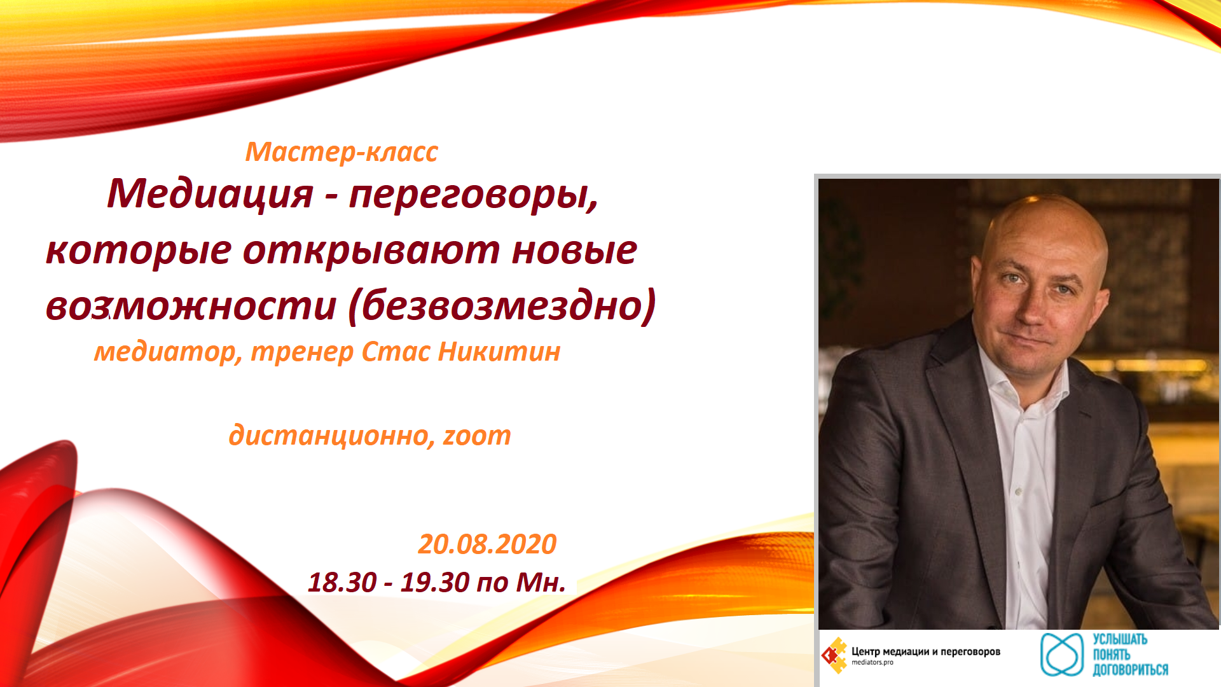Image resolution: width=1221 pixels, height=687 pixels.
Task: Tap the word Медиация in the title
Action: click(210, 193)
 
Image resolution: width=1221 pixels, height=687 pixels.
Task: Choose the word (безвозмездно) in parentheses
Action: click(502, 306)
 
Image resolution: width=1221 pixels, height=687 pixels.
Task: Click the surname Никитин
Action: click(499, 351)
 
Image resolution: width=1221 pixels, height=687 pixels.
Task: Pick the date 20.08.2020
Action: click(487, 545)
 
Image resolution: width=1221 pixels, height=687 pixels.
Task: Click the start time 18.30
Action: click(342, 583)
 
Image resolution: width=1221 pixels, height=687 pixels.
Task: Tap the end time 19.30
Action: click(434, 583)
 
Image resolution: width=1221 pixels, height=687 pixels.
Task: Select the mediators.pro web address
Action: click(873, 663)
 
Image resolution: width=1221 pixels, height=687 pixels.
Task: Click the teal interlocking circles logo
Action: click(1061, 655)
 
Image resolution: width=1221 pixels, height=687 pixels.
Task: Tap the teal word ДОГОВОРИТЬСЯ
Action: click(1131, 670)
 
